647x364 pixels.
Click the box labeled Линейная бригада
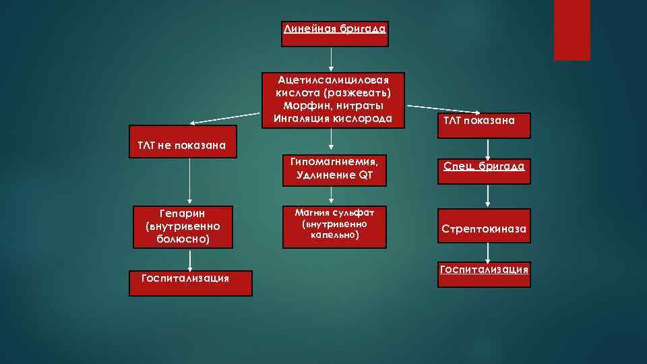coord(334,34)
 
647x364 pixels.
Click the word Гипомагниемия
coord(333,162)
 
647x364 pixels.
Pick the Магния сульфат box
coord(334,225)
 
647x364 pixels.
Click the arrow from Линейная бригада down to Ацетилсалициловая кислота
coord(332,59)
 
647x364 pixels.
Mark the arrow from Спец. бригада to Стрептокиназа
coord(488,195)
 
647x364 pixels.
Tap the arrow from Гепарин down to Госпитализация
coord(190,260)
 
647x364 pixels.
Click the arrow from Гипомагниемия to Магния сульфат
coord(332,195)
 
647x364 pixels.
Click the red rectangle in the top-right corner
coord(572,30)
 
